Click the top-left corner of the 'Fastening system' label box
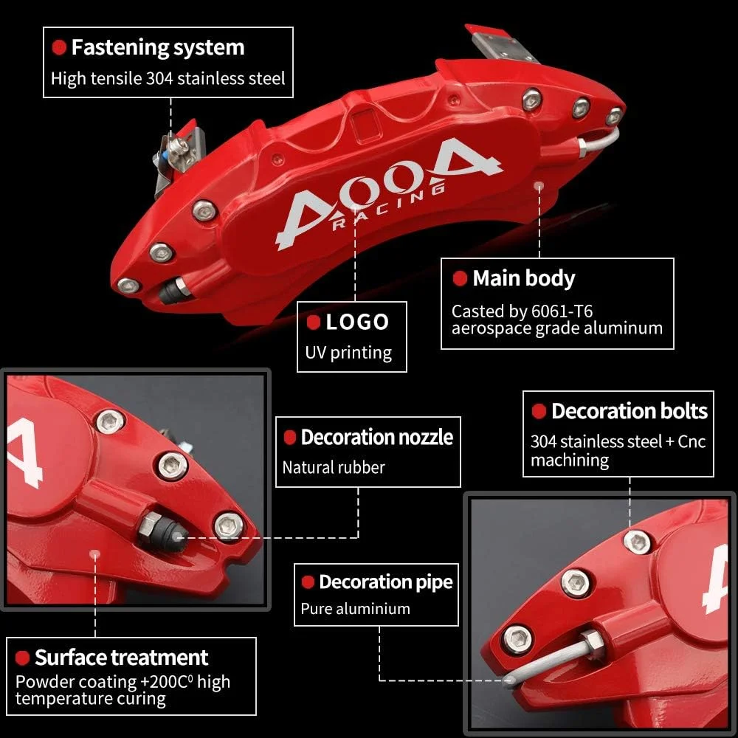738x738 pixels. click(x=44, y=27)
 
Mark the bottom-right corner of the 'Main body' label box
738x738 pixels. click(x=674, y=349)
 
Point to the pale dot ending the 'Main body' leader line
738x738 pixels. click(x=539, y=187)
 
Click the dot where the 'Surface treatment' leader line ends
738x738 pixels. click(x=95, y=554)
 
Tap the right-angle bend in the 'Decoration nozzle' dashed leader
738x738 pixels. click(x=358, y=537)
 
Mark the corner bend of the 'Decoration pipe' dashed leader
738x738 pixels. click(x=380, y=680)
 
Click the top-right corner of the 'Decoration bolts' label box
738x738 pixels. click(x=714, y=391)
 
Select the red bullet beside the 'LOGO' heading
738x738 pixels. click(x=313, y=323)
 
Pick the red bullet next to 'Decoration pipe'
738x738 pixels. click(x=308, y=582)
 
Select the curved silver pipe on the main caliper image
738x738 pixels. click(x=599, y=141)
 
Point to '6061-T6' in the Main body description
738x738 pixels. click(x=562, y=311)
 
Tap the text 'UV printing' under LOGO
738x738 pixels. click(x=348, y=353)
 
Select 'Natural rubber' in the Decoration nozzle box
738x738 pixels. click(x=334, y=467)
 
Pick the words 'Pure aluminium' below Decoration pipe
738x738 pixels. click(x=356, y=609)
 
